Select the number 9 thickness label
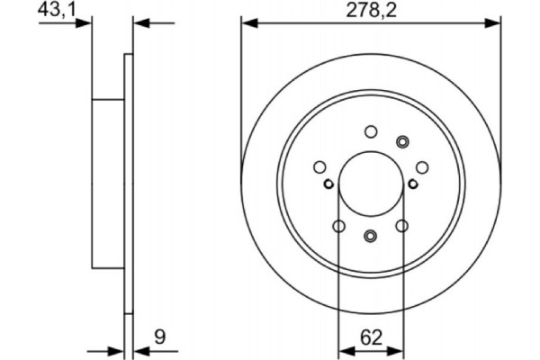[158, 337]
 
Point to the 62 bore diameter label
[370, 337]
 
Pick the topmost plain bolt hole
[370, 131]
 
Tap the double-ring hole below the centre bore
[370, 236]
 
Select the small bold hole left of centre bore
[328, 184]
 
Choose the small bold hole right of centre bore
[412, 184]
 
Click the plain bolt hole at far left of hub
[319, 166]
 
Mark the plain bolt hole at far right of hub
[420, 166]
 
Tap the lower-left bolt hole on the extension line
[338, 225]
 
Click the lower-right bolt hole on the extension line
[402, 225]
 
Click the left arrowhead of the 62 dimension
[343, 350]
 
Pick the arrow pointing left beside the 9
[139, 350]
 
